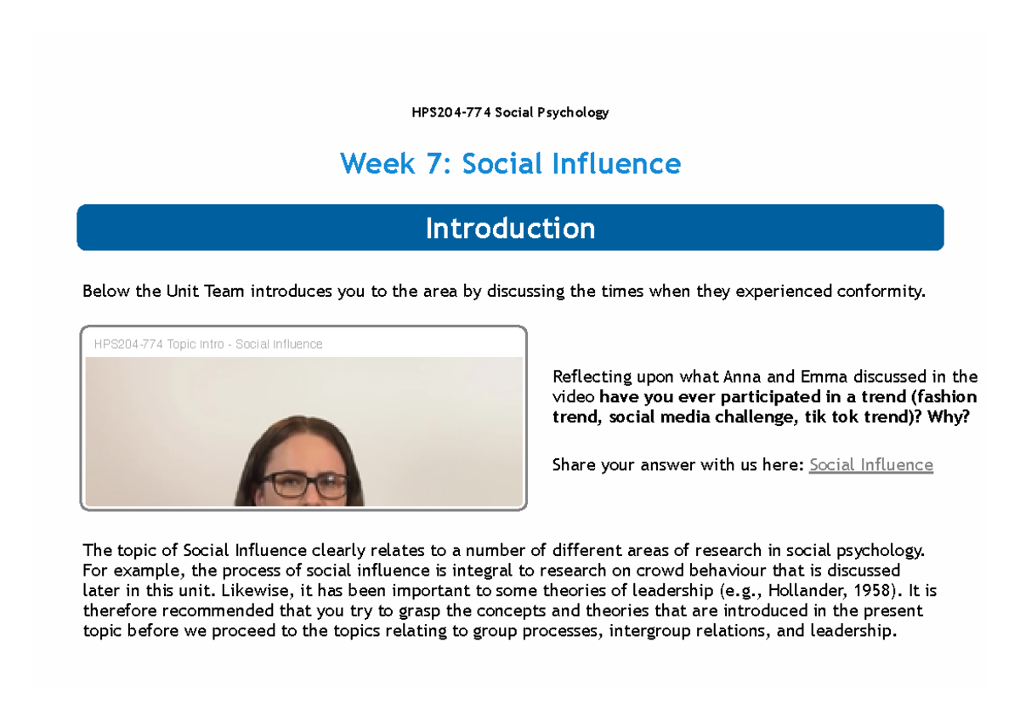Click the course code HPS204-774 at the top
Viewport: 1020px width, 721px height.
pyautogui.click(x=450, y=112)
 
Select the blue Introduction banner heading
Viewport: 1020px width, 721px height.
pyautogui.click(x=510, y=228)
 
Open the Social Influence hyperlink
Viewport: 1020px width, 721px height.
pyautogui.click(x=870, y=465)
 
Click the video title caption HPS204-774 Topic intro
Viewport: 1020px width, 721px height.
pyautogui.click(x=161, y=344)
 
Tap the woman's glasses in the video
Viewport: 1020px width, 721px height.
pyautogui.click(x=303, y=485)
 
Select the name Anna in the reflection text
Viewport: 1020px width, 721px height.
pyautogui.click(x=741, y=377)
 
